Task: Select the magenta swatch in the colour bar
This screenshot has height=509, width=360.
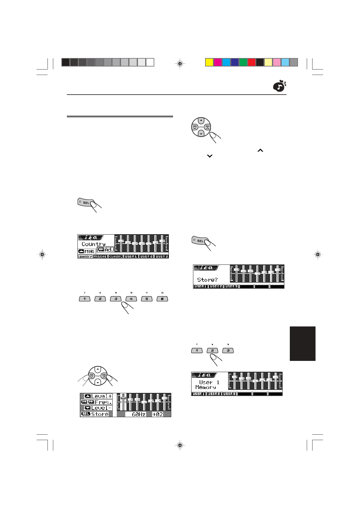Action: click(x=218, y=62)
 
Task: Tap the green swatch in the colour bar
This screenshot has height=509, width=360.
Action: click(x=243, y=62)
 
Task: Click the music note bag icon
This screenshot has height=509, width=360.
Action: click(x=279, y=86)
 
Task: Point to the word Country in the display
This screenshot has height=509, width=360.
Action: click(x=93, y=244)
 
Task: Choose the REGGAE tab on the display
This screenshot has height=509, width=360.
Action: click(x=100, y=256)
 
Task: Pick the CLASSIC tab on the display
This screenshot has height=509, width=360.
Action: click(x=116, y=256)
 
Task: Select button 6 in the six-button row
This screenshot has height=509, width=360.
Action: click(x=162, y=299)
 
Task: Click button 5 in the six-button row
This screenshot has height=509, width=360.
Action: click(x=147, y=299)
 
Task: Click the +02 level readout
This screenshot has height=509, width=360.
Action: click(x=158, y=414)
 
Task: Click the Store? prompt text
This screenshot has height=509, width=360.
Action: click(x=207, y=280)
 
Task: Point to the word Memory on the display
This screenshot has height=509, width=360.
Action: click(x=206, y=387)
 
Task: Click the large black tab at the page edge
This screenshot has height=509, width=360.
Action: click(x=303, y=343)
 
